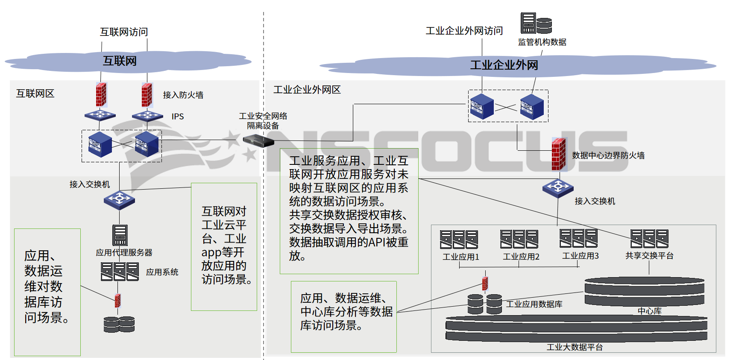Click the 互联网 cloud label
point(120,61)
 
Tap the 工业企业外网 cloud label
point(504,65)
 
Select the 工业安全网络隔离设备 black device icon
point(258,140)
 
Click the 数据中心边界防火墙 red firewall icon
point(559,154)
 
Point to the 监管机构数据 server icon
point(536,23)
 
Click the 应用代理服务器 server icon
point(120,235)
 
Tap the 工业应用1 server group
point(459,239)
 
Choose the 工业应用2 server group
point(519,239)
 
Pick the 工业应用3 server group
point(578,238)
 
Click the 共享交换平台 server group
point(649,238)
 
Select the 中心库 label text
point(649,311)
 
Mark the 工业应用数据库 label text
point(534,304)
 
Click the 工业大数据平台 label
point(575,347)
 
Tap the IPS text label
point(178,117)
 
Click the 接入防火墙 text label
point(183,95)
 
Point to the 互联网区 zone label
point(35,94)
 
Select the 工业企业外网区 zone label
point(307,90)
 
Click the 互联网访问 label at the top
point(124,32)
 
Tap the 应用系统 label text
point(162,272)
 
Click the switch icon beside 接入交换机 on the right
point(558,187)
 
